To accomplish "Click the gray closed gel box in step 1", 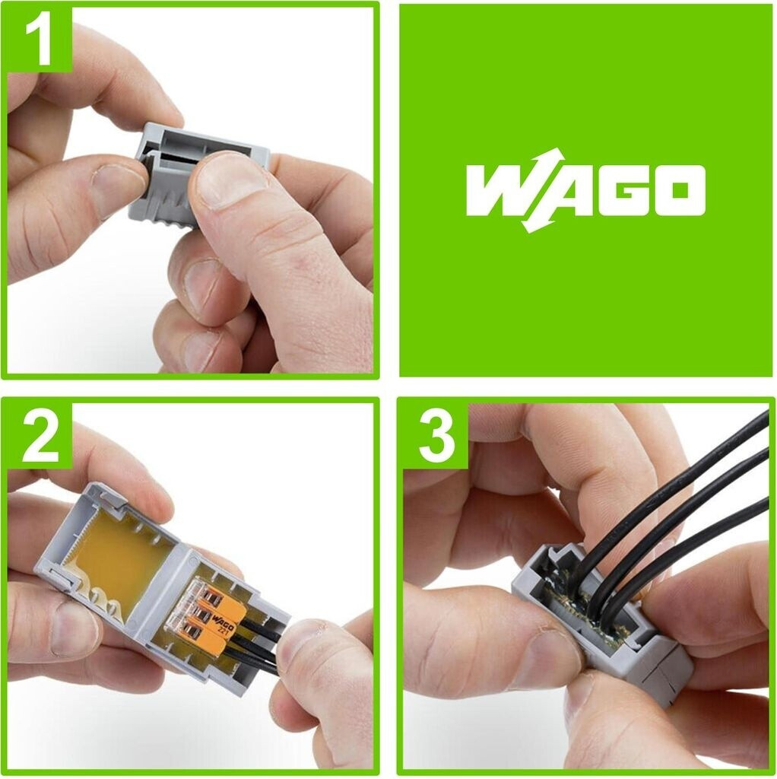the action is (x=198, y=176).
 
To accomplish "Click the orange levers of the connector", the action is (x=218, y=615).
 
